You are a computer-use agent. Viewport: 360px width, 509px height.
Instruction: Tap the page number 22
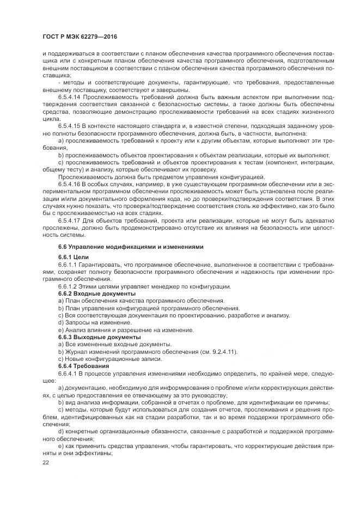point(45,462)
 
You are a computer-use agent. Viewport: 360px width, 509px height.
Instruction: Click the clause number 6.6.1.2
point(67,286)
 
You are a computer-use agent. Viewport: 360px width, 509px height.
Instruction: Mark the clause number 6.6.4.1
point(67,374)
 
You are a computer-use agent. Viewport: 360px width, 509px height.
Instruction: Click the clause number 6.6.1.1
point(67,263)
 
